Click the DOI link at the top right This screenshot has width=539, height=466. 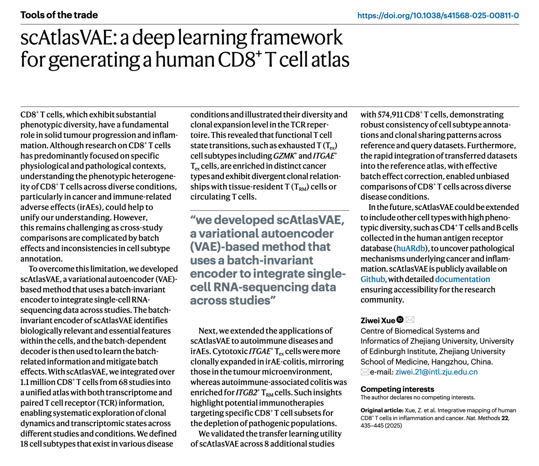coord(438,16)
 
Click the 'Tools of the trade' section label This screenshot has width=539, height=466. coord(59,15)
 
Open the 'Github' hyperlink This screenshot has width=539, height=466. coord(373,279)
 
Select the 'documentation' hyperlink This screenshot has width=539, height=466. coord(462,279)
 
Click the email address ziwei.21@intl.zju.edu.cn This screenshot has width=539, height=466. coord(436,372)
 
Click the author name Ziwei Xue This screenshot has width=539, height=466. coord(378,320)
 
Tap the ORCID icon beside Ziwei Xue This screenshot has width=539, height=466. coord(400,319)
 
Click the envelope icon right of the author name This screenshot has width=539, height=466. coord(410,319)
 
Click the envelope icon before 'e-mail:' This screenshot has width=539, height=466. coord(365,372)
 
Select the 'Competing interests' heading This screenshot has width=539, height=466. coord(397,389)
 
